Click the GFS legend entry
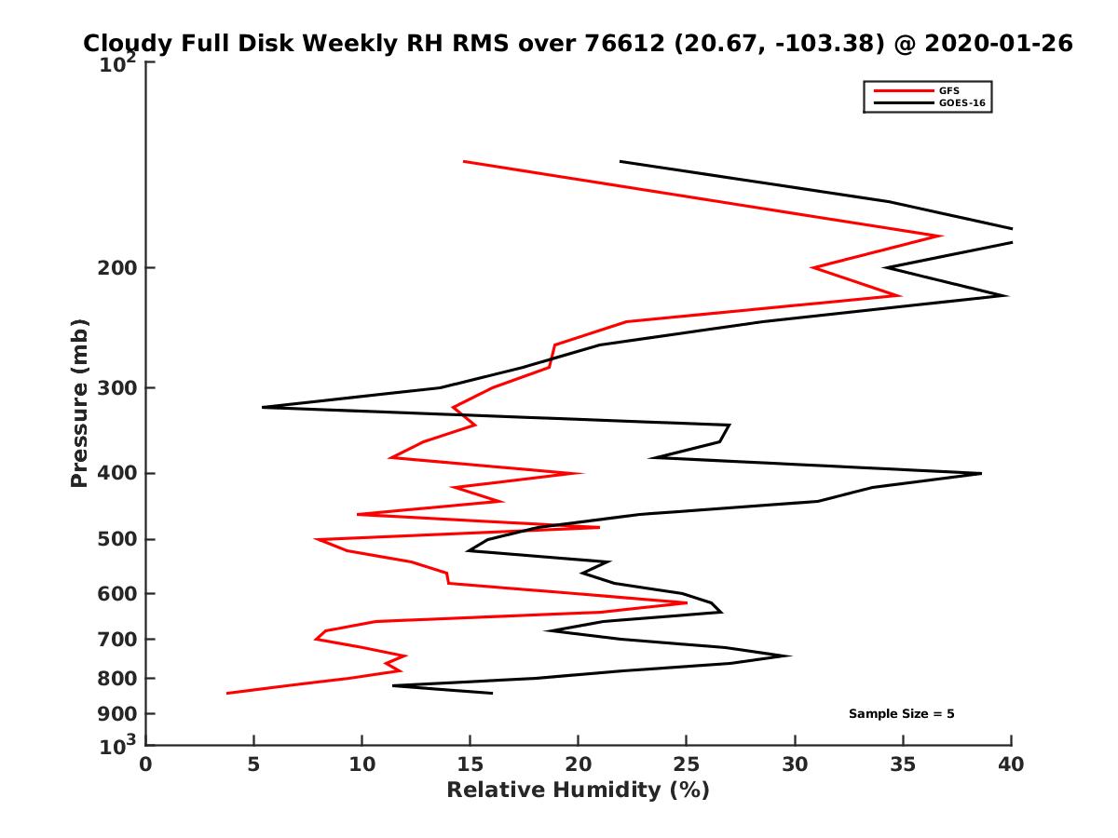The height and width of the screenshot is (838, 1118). pyautogui.click(x=951, y=90)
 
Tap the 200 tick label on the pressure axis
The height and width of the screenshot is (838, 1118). pyautogui.click(x=118, y=268)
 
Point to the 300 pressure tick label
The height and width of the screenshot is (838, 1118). pyautogui.click(x=118, y=388)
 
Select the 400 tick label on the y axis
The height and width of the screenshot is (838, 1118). pyautogui.click(x=118, y=473)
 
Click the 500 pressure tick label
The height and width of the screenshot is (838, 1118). pyautogui.click(x=118, y=539)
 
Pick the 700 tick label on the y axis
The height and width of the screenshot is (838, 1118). pyautogui.click(x=118, y=639)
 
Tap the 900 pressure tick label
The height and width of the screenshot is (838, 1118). pyautogui.click(x=118, y=714)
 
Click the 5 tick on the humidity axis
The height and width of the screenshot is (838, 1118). pyautogui.click(x=254, y=764)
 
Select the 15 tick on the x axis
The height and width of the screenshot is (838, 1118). pyautogui.click(x=470, y=764)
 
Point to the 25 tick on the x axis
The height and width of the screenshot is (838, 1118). pyautogui.click(x=687, y=764)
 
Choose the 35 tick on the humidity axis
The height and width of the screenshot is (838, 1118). pyautogui.click(x=903, y=764)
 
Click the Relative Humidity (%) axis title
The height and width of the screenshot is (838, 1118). pyautogui.click(x=578, y=791)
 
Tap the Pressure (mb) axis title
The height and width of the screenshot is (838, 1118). pyautogui.click(x=79, y=403)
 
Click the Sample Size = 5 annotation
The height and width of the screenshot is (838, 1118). pyautogui.click(x=901, y=714)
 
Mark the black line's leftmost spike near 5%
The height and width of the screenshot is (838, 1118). pyautogui.click(x=264, y=407)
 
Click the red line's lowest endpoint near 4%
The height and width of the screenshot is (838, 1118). pyautogui.click(x=228, y=693)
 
